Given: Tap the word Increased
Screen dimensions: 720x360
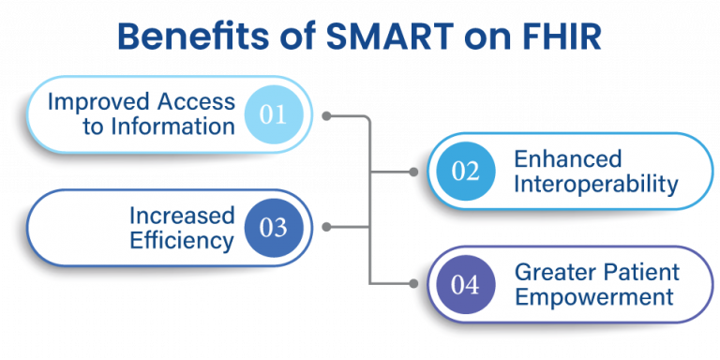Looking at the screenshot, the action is pos(181,216).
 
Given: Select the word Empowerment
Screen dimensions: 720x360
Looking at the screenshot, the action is pos(593,297).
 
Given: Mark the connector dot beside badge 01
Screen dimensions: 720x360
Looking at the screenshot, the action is pos(326,116).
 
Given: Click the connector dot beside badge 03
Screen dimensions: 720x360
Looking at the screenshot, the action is pos(326,228).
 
